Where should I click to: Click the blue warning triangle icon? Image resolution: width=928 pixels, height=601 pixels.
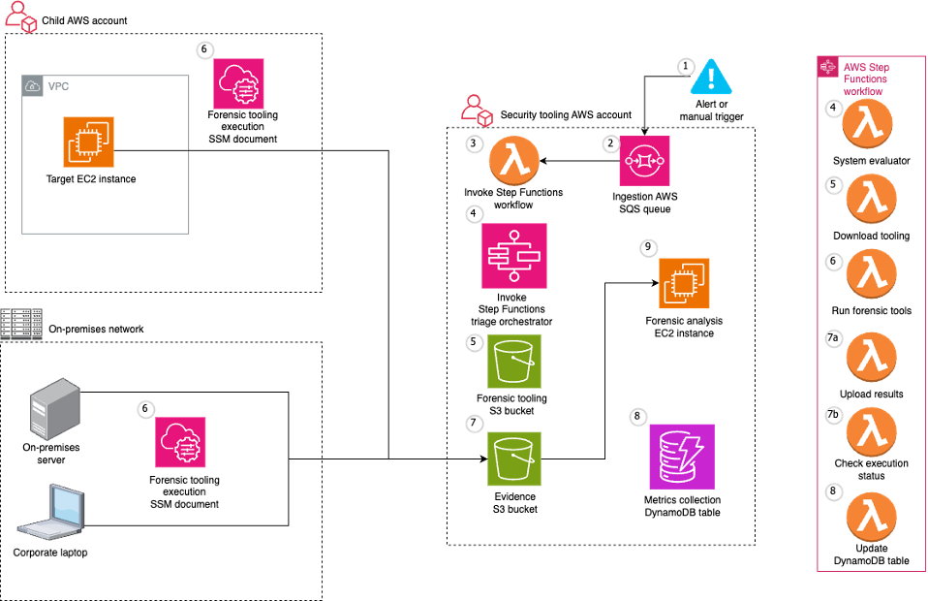pos(711,78)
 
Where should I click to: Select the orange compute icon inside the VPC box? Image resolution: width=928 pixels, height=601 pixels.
pos(88,142)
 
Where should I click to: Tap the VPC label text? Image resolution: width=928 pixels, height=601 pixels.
pos(59,87)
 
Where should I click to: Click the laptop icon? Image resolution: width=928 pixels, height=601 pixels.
pos(51,512)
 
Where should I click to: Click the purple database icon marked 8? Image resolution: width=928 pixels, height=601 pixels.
pos(682,456)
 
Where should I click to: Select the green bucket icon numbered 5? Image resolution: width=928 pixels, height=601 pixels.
pos(514,361)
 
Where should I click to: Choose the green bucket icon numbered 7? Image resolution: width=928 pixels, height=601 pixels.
pos(514,459)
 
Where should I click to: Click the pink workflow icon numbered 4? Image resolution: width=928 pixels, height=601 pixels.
pos(514,256)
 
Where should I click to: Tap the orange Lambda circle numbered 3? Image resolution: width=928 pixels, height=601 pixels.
pos(514,160)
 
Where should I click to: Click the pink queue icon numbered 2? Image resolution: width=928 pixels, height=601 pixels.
pos(645,161)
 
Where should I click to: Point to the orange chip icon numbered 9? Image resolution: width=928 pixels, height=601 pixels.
pos(684,283)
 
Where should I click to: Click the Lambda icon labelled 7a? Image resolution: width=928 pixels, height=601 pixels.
pos(871,355)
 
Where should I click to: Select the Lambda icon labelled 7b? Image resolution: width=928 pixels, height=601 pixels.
pos(871,431)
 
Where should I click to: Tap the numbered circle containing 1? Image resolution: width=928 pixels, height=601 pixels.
pos(686,67)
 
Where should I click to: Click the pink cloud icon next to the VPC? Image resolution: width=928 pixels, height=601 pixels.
pos(239,83)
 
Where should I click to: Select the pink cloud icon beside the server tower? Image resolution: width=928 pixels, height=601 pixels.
pos(181,442)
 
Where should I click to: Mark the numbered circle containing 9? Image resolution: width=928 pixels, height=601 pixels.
pos(649,247)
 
